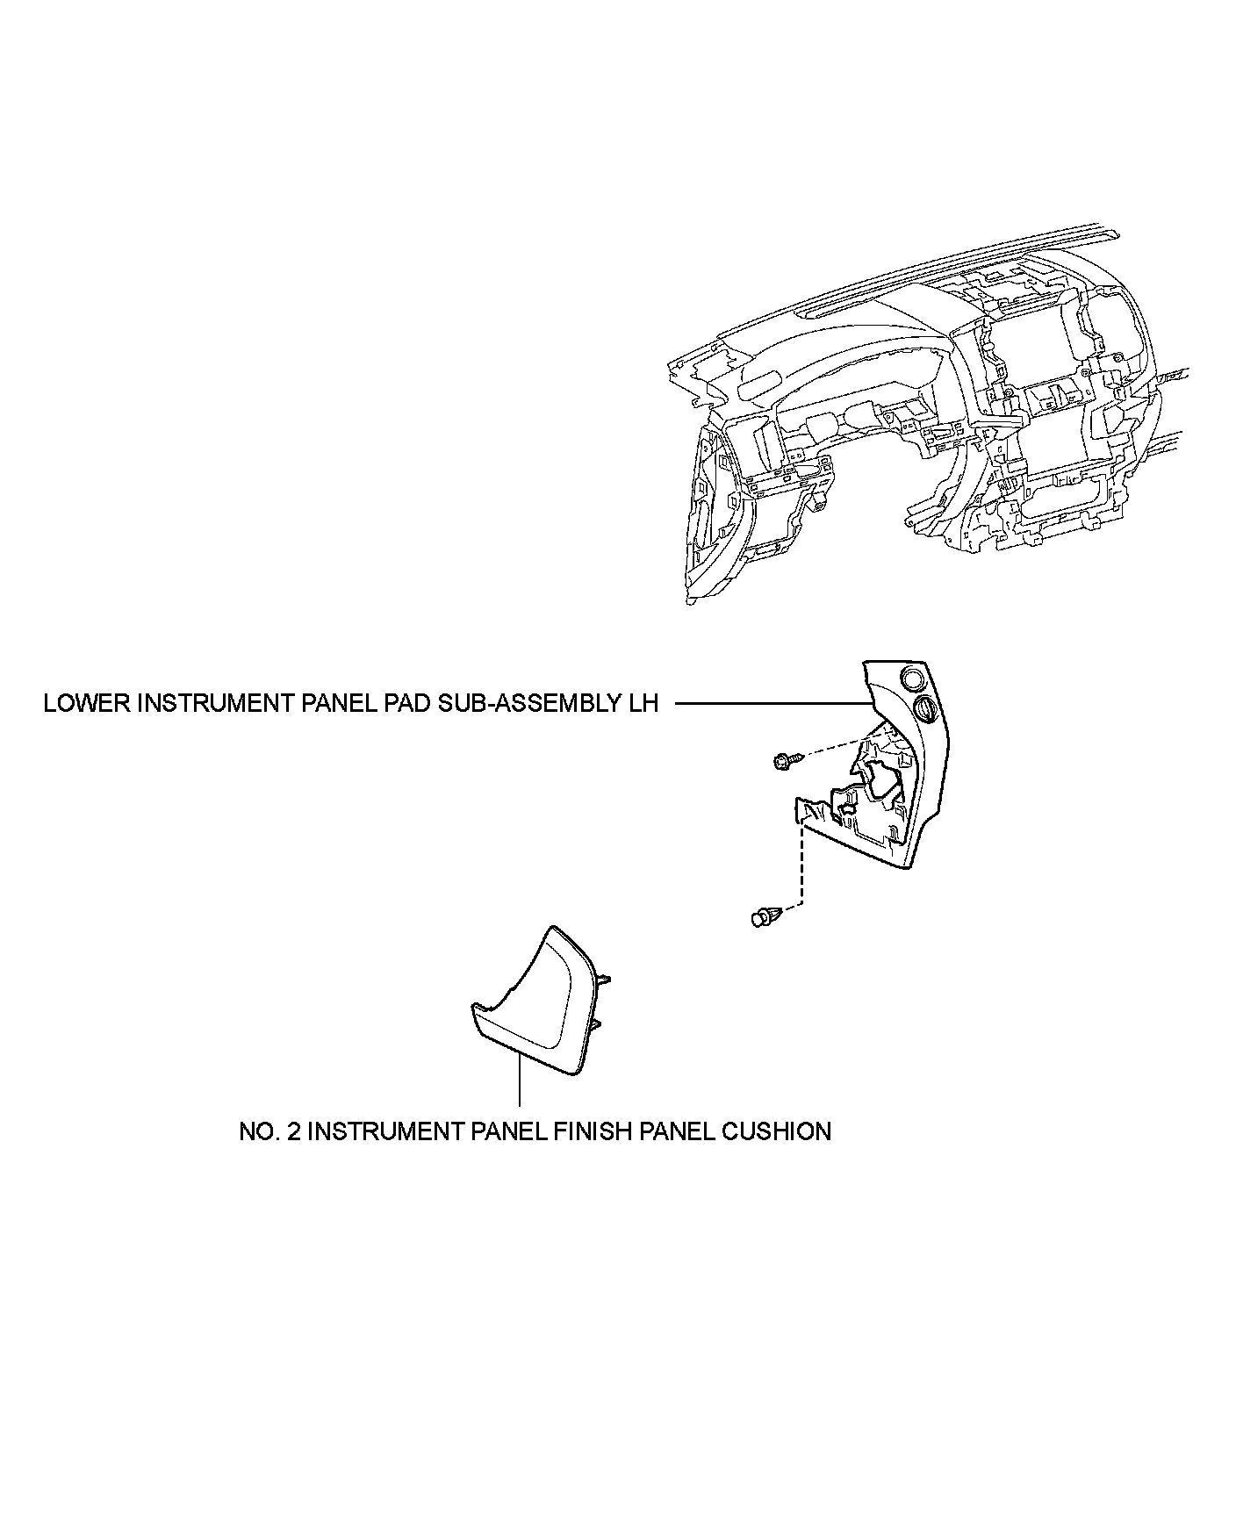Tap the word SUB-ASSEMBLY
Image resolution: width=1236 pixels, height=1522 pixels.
533,705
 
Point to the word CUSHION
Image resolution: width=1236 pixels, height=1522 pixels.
776,1131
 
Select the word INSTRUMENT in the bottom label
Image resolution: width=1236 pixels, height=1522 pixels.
379,1131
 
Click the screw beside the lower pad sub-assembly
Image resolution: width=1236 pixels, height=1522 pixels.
784,761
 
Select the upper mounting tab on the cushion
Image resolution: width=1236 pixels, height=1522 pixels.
603,980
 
